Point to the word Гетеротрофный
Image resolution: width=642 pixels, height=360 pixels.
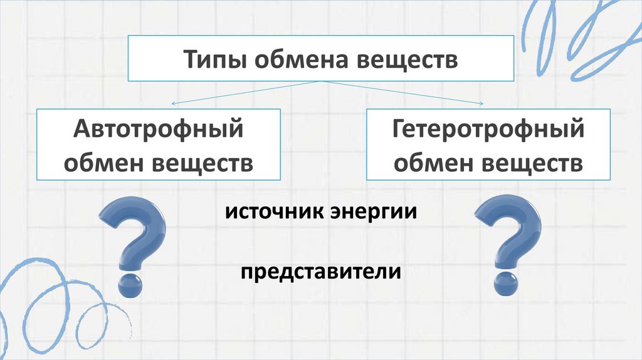pyautogui.click(x=488, y=132)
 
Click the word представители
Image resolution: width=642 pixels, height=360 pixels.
pyautogui.click(x=319, y=273)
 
